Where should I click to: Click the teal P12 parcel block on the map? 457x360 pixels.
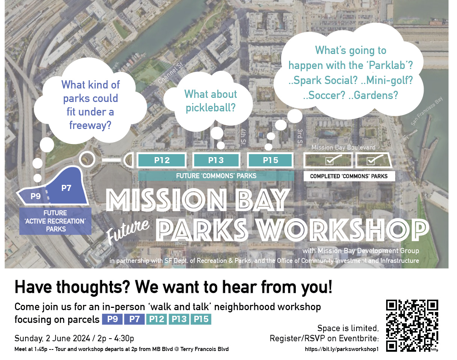[x=162, y=160]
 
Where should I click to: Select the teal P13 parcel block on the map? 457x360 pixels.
[x=216, y=160]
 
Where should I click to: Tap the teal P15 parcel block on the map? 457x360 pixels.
[x=270, y=160]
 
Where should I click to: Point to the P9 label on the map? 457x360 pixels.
[x=36, y=196]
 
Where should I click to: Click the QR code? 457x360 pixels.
[x=412, y=325]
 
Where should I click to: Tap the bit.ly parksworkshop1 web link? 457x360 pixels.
[x=342, y=349]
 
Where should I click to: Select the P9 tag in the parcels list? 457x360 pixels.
[x=112, y=319]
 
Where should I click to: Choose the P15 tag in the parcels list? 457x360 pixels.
[x=201, y=319]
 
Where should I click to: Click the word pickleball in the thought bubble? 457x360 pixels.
[x=211, y=108]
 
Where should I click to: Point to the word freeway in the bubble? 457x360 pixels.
[x=90, y=125]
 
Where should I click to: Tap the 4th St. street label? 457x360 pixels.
[x=243, y=137]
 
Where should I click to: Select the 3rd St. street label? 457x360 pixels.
[x=300, y=138]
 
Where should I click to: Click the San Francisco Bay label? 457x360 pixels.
[x=427, y=111]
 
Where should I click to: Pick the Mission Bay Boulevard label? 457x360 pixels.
[x=343, y=147]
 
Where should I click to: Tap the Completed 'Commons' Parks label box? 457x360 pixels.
[x=349, y=176]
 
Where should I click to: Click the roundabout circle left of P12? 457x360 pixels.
[x=87, y=159]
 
